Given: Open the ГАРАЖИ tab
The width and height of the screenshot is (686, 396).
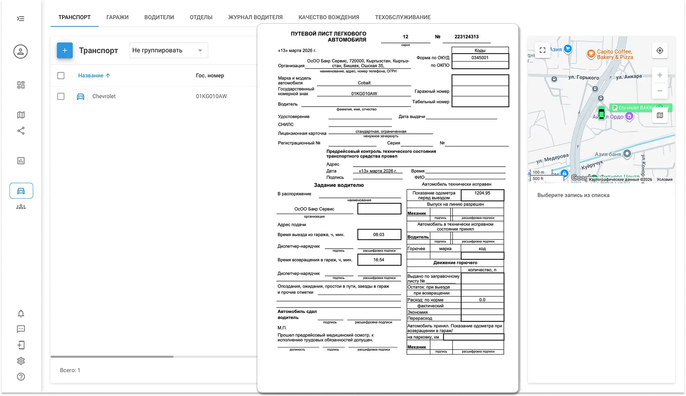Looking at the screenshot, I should tap(117, 17).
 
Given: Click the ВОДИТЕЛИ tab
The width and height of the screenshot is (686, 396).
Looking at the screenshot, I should tap(159, 17).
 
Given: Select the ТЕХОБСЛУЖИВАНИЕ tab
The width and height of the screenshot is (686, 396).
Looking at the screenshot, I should tap(403, 17).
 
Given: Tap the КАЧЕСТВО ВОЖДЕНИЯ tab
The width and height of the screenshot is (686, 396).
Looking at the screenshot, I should tap(329, 17).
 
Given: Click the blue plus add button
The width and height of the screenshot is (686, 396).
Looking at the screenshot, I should tap(65, 51).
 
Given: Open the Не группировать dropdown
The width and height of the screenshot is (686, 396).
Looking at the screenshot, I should tap(168, 51).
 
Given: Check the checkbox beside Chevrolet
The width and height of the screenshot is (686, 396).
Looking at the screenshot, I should tap(61, 96).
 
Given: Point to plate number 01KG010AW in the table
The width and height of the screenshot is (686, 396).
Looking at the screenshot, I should tap(211, 96).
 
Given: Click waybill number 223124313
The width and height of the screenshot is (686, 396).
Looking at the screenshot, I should tap(466, 37).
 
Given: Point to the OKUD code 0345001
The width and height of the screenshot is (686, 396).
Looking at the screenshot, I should tap(480, 58).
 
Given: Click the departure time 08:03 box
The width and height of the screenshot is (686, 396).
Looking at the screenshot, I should tap(379, 235).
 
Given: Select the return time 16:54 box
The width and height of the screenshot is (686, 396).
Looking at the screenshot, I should tap(379, 260).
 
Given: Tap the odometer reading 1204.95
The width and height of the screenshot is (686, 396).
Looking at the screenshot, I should tap(482, 193).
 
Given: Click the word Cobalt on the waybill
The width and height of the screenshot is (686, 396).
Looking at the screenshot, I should tap(364, 83).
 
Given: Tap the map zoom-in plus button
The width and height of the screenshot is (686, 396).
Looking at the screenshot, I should tap(660, 75).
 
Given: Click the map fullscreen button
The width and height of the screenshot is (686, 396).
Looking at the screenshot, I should tap(543, 50).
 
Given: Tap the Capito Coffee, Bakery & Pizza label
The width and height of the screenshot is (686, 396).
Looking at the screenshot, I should tap(614, 54).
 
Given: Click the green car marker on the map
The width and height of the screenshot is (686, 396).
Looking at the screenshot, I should tap(601, 113).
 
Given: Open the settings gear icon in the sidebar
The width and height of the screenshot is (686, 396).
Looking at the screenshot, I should tap(21, 361).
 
